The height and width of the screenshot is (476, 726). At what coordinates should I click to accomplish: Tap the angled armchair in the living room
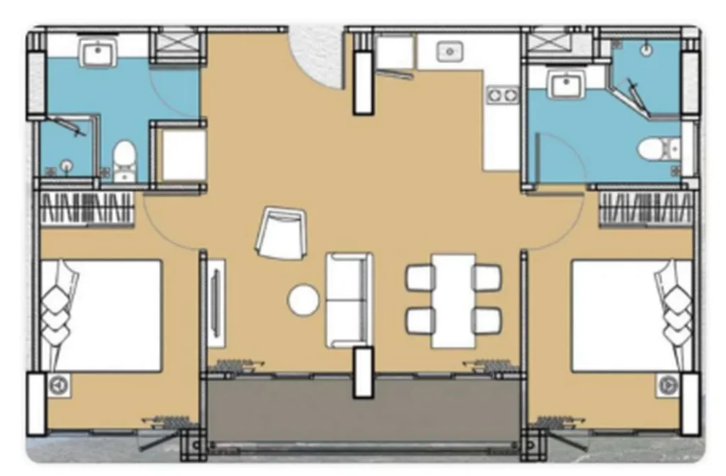click(282, 233)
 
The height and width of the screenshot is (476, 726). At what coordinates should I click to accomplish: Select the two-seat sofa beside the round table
click(348, 299)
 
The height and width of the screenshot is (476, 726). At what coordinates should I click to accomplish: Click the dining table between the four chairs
click(453, 300)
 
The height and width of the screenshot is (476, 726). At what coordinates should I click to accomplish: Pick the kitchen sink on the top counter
click(449, 51)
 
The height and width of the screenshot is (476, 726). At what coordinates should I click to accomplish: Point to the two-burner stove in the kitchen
click(502, 94)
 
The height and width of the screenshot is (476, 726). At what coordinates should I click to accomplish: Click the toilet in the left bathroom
click(125, 160)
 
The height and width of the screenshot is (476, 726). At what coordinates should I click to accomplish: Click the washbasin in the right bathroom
click(566, 86)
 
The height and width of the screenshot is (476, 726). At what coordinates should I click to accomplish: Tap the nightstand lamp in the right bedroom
click(666, 384)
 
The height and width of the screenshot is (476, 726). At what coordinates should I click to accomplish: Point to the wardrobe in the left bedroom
click(86, 209)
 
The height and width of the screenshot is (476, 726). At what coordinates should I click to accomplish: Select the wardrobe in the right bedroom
click(644, 209)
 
